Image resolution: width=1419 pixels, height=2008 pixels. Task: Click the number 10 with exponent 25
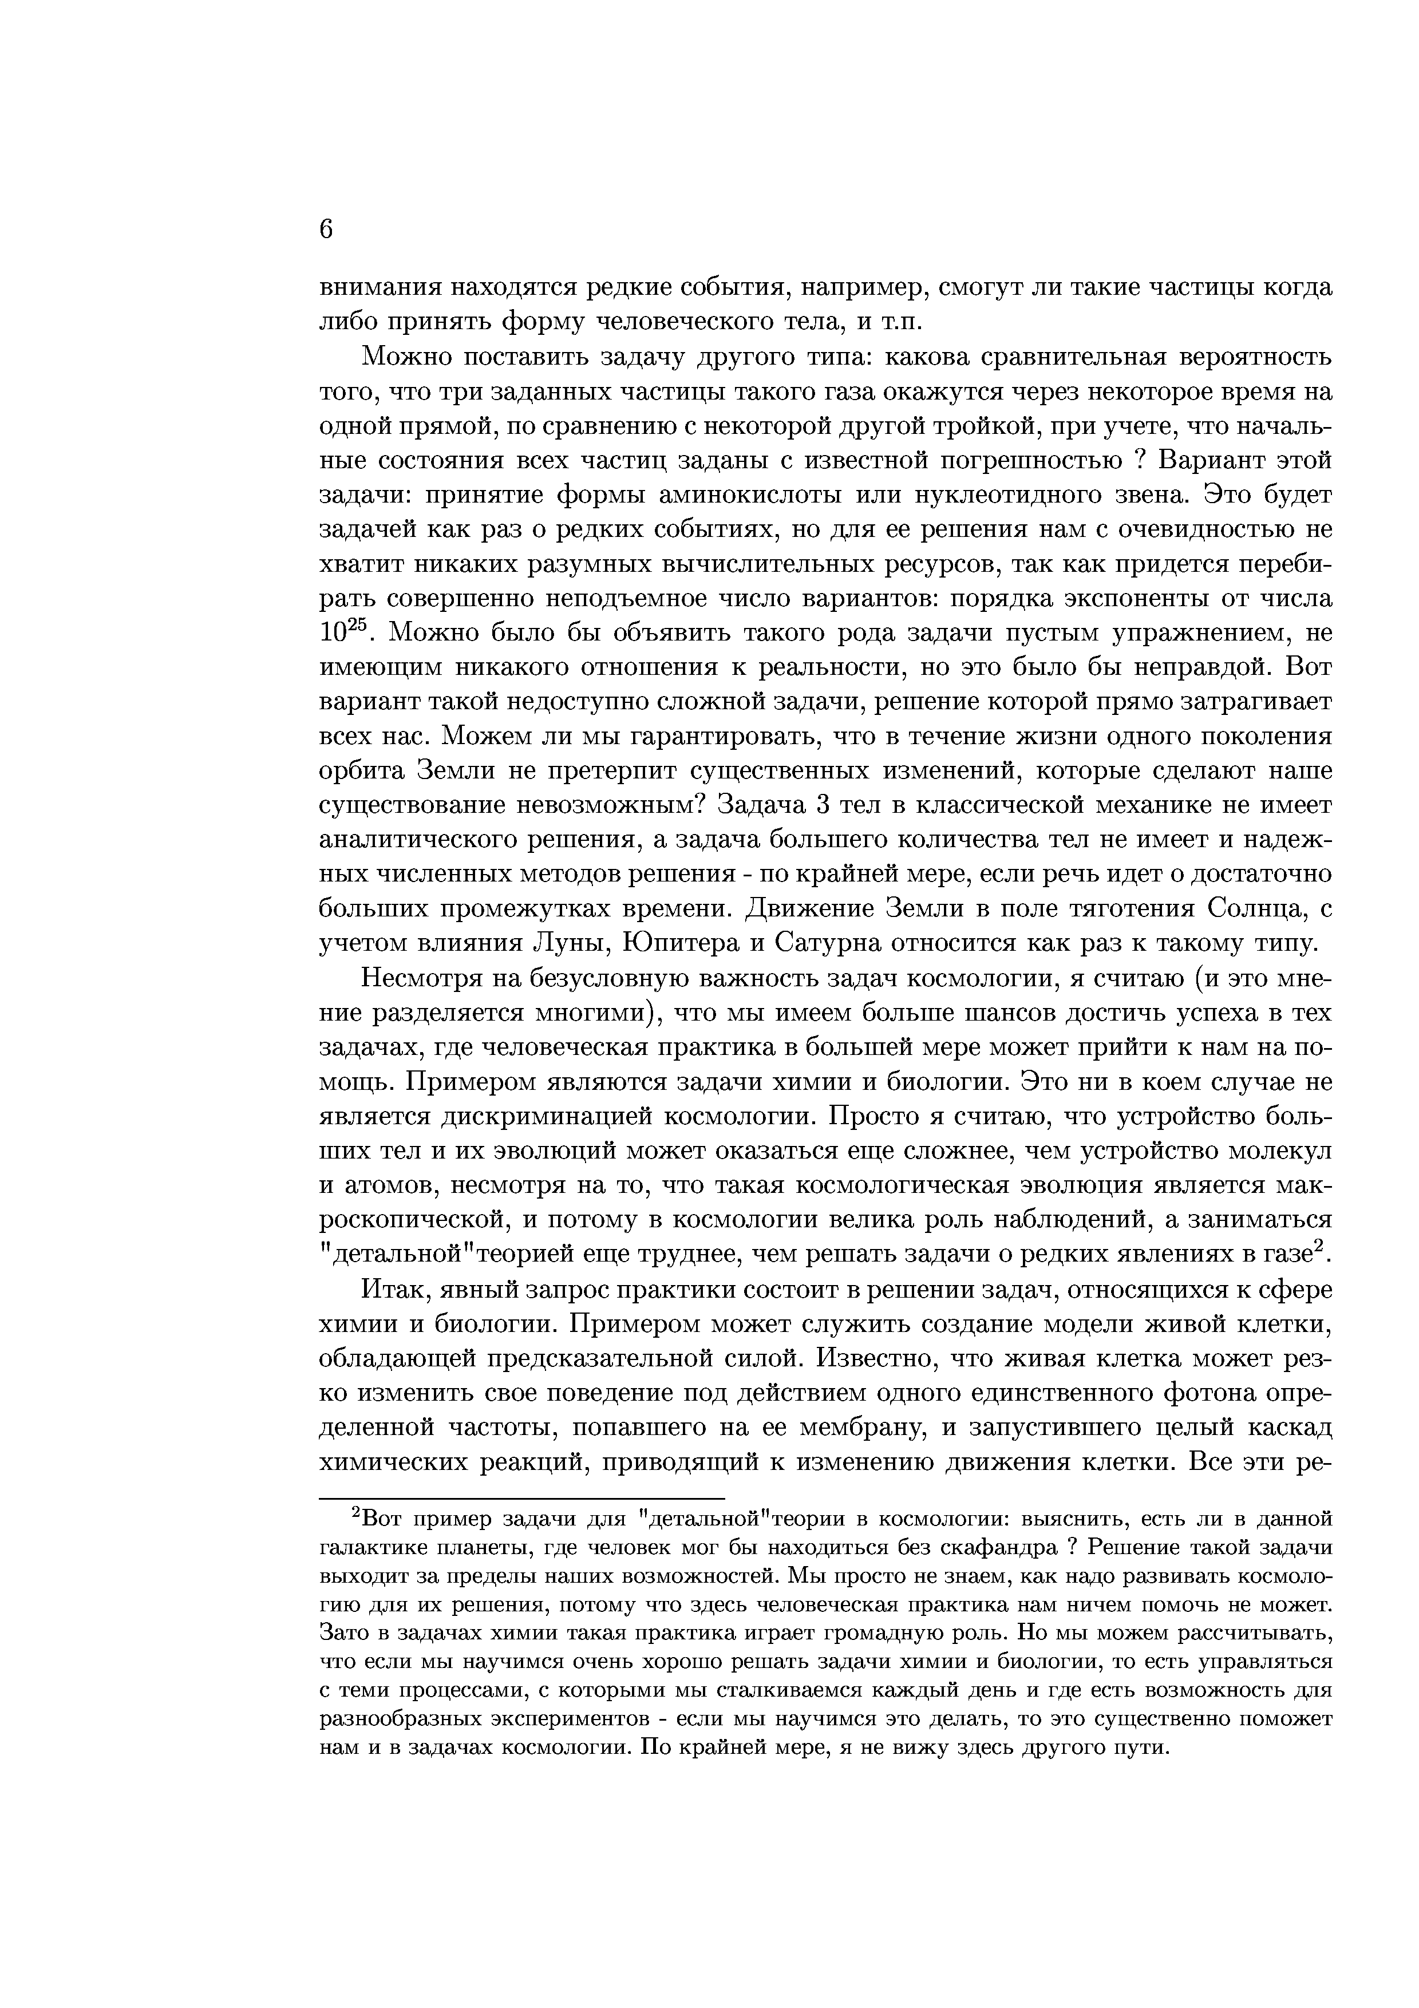(339, 633)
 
